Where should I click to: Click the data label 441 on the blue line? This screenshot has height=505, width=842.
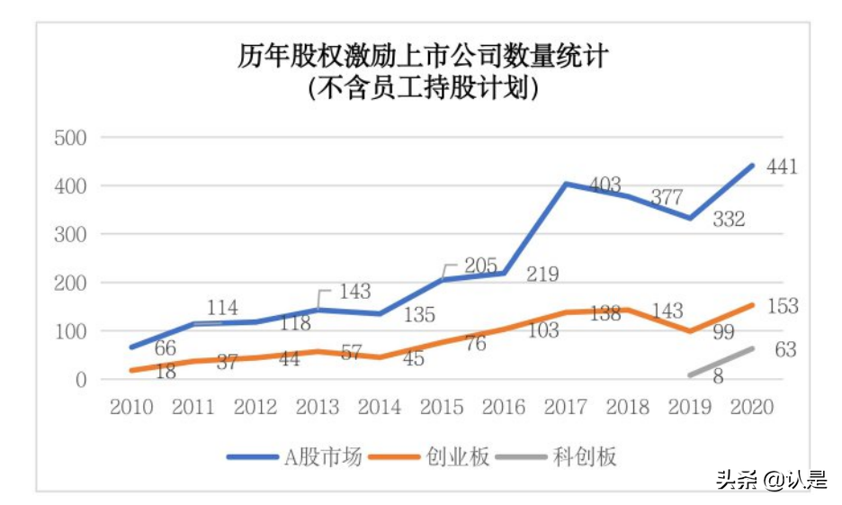pyautogui.click(x=782, y=167)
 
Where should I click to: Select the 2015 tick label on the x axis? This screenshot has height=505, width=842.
pyautogui.click(x=441, y=408)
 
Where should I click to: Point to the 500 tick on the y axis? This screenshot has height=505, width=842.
pyautogui.click(x=67, y=138)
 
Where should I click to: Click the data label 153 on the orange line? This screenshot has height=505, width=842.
pyautogui.click(x=782, y=307)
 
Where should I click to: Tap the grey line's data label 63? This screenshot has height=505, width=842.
pyautogui.click(x=785, y=349)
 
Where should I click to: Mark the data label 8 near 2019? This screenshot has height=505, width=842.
pyautogui.click(x=718, y=376)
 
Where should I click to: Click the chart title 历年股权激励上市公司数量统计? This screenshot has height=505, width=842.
pyautogui.click(x=423, y=57)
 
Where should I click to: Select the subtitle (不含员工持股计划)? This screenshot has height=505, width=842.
pyautogui.click(x=423, y=89)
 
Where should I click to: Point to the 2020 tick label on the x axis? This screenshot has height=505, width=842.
pyautogui.click(x=752, y=408)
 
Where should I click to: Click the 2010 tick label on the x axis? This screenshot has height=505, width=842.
pyautogui.click(x=130, y=408)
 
